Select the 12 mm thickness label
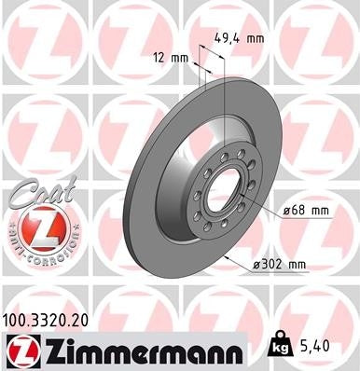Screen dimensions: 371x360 171,58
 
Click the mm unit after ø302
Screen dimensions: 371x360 297,264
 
